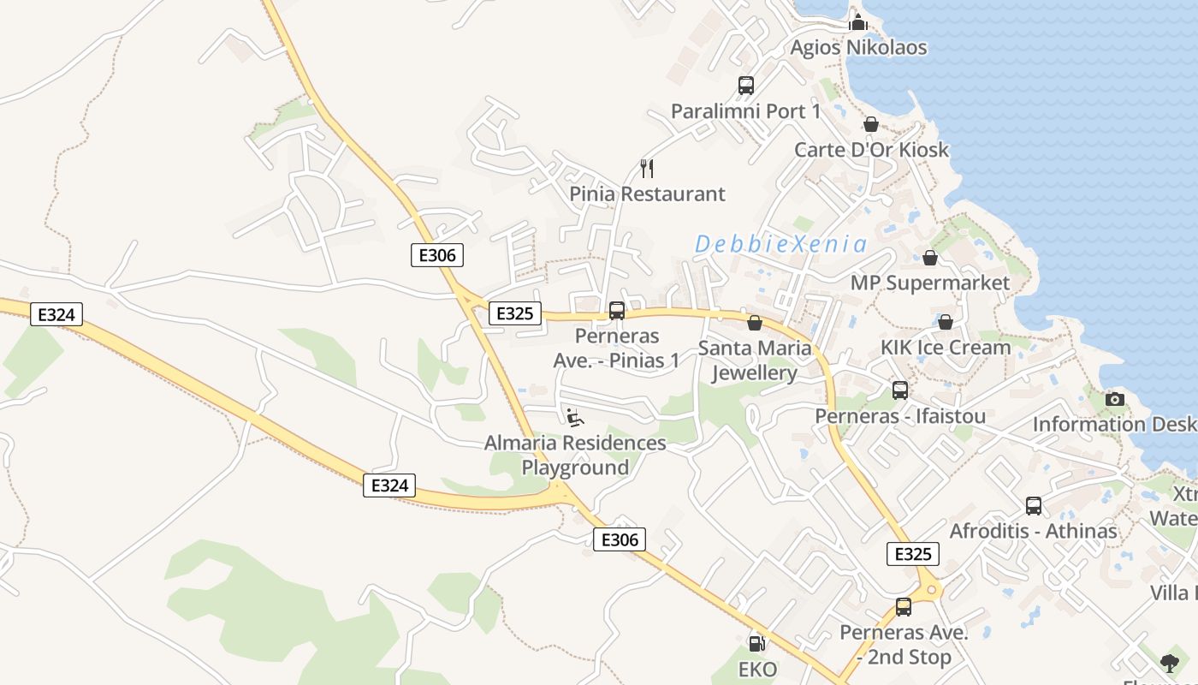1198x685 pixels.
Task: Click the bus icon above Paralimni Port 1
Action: coord(746,86)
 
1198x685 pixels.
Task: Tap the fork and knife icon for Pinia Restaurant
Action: coord(647,169)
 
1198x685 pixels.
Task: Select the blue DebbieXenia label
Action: coord(780,245)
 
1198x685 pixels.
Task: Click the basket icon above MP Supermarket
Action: coord(930,258)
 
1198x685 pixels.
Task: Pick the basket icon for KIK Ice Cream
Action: coord(946,322)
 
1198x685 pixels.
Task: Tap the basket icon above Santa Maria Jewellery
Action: coord(755,323)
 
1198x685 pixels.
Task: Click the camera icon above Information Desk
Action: coord(1114,399)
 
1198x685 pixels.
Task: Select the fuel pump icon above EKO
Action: coord(756,643)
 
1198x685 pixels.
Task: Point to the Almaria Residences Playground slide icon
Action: coord(575,418)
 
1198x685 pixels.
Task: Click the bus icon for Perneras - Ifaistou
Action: coord(900,390)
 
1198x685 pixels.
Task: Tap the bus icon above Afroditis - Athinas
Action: coord(1034,506)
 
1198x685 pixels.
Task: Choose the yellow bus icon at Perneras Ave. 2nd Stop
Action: coord(904,607)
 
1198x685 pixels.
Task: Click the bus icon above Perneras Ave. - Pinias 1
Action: coord(617,311)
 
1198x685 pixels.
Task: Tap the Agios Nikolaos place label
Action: coord(858,47)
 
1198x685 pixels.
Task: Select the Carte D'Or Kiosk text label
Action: coord(871,150)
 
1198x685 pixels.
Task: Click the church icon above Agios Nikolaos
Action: coord(858,22)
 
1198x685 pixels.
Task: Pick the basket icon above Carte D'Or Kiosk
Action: coord(871,124)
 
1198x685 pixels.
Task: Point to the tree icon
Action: coord(1169,662)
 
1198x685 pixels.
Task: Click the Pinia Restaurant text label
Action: coord(647,194)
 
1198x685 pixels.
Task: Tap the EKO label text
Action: coord(756,669)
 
